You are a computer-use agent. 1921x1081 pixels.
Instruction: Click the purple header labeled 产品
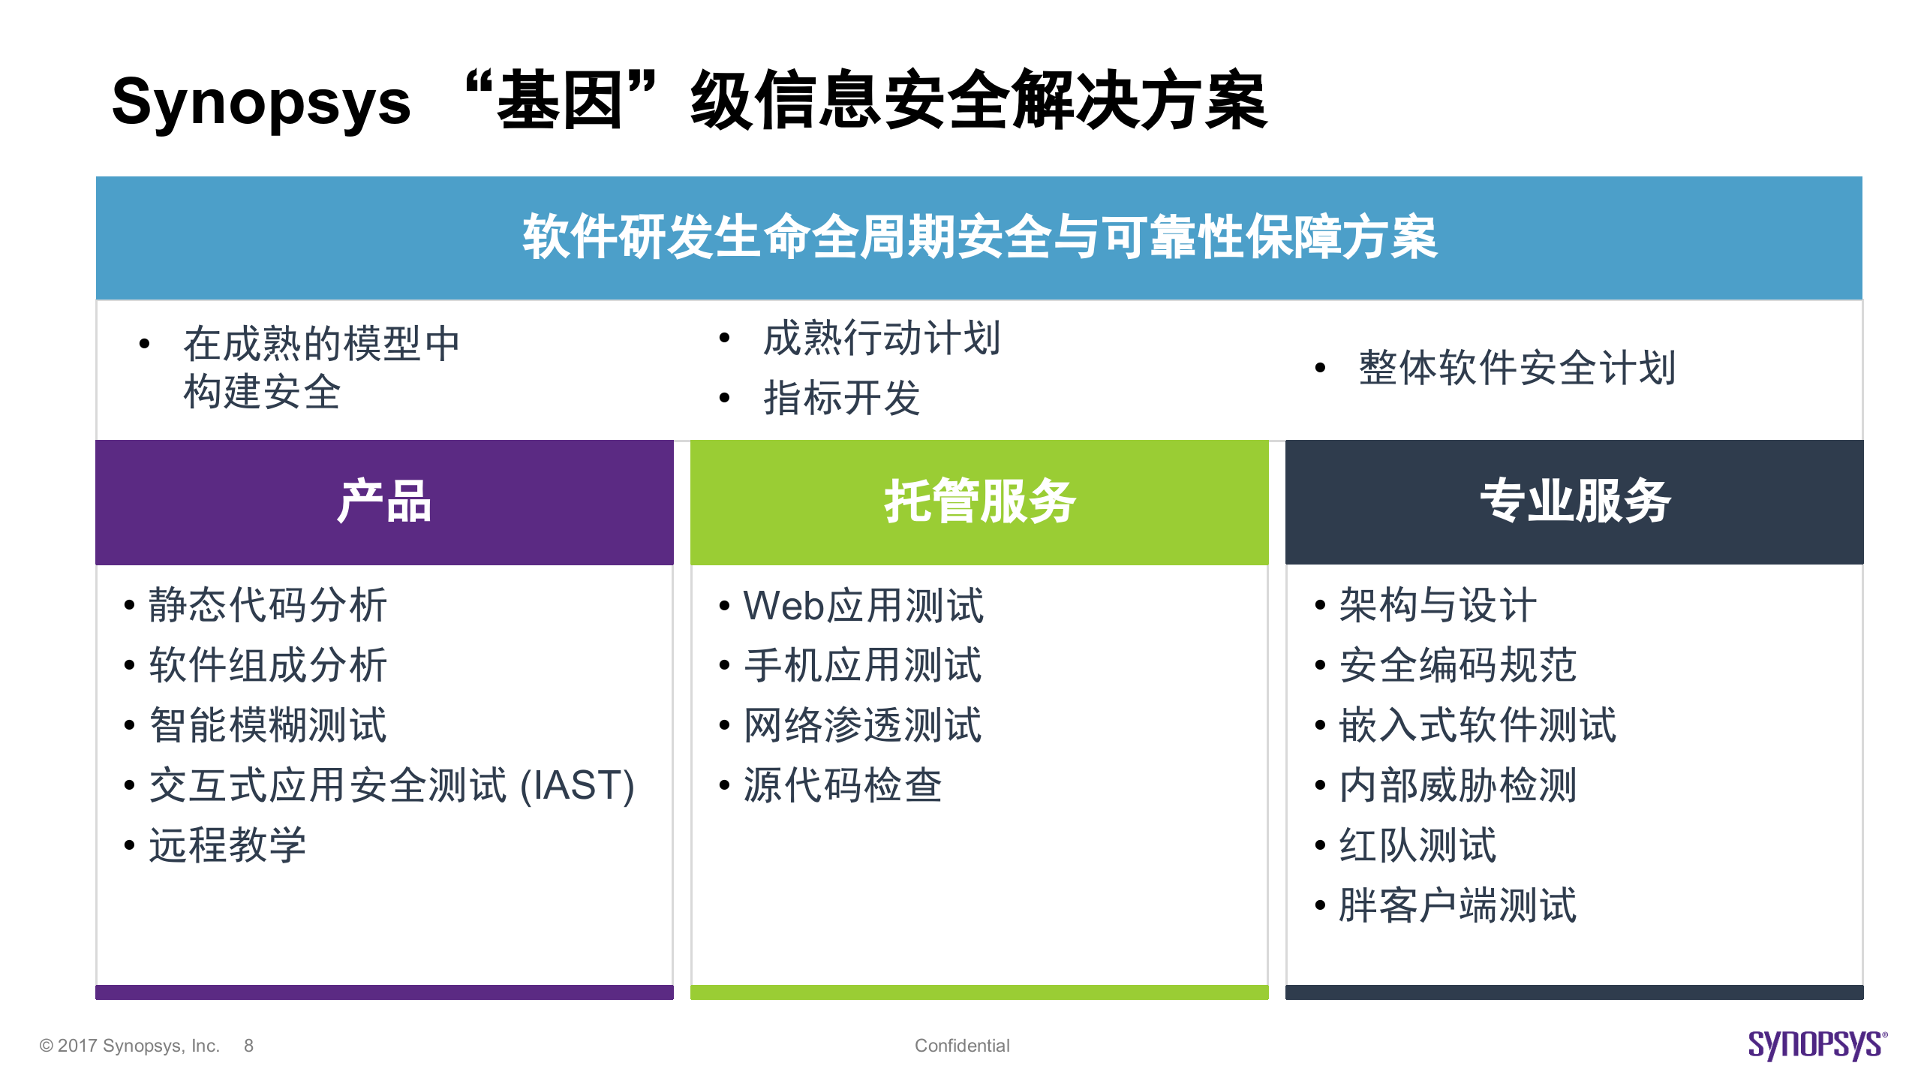[x=384, y=501]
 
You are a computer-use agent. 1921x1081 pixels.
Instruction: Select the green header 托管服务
[x=979, y=501]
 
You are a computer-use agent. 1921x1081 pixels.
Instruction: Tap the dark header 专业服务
[x=1574, y=501]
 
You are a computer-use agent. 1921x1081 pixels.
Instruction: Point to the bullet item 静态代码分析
[x=267, y=605]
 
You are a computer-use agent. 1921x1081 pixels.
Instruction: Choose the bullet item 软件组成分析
[x=267, y=665]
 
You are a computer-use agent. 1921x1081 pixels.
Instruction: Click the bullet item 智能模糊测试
[x=267, y=725]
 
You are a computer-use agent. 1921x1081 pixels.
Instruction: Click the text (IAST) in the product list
[x=578, y=785]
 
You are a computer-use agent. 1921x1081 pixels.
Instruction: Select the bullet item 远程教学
[x=227, y=845]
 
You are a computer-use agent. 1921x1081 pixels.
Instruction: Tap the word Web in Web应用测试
[x=783, y=605]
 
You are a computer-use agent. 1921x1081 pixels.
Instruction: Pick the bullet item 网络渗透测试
[x=862, y=725]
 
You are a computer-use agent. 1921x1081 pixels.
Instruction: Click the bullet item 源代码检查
[x=842, y=785]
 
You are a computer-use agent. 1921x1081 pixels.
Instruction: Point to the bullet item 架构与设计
[x=1438, y=605]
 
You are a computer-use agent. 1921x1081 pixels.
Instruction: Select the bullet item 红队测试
[x=1417, y=845]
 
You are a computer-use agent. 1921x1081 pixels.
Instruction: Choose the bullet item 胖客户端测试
[x=1457, y=905]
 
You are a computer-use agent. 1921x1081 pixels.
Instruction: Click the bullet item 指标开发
[x=841, y=398]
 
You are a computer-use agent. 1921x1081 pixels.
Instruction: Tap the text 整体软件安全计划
[x=1517, y=368]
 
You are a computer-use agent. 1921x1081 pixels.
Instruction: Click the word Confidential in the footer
[x=962, y=1046]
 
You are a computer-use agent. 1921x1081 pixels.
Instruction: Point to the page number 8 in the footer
[x=248, y=1046]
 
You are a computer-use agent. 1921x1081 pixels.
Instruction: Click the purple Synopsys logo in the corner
[x=1817, y=1045]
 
